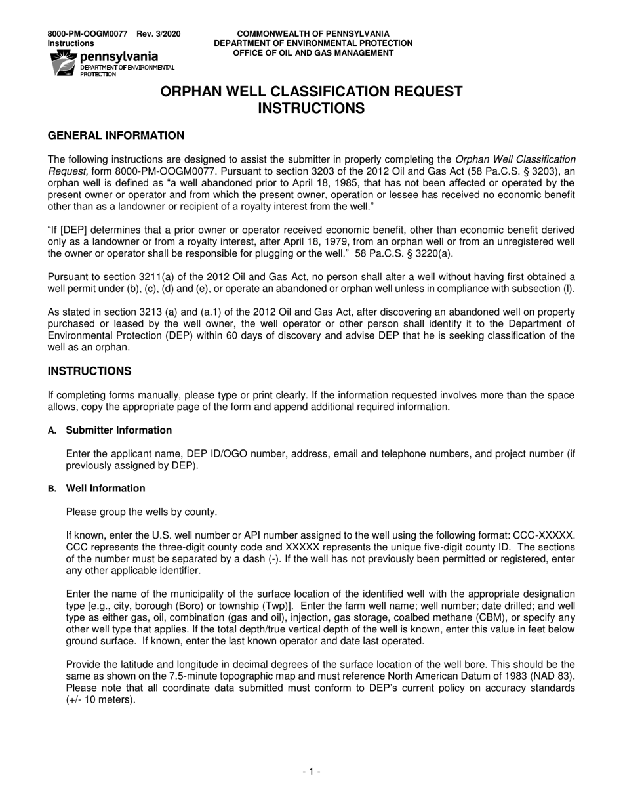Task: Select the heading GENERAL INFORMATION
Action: (116, 136)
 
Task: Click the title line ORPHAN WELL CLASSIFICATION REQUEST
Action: (311, 92)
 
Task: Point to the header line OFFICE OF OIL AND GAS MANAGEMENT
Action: (313, 53)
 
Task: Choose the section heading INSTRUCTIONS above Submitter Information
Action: (89, 371)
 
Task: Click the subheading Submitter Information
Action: (119, 430)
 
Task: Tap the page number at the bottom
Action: (311, 772)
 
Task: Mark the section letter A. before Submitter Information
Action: (52, 430)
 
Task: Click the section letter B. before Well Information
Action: (52, 488)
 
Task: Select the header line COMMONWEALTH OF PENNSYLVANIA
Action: (313, 34)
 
